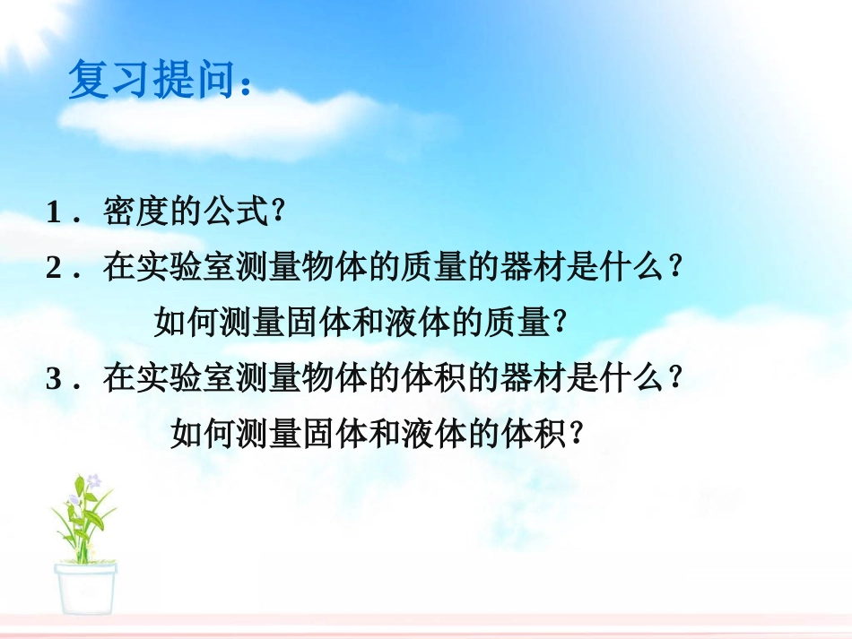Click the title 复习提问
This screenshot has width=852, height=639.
(148, 82)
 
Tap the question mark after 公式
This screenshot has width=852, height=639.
(277, 213)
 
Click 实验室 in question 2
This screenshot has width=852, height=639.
(179, 268)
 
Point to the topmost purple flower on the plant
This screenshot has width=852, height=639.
(93, 480)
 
